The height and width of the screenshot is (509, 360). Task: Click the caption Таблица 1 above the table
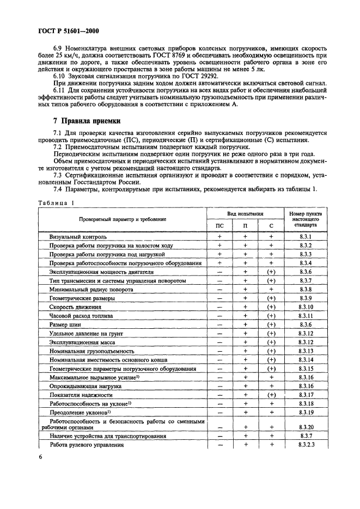[55, 203]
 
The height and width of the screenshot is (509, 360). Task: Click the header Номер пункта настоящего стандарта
[305, 219]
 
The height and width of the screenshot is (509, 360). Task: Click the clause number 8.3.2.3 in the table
[305, 445]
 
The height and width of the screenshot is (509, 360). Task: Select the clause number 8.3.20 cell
[305, 428]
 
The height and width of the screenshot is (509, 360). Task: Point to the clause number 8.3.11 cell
[305, 316]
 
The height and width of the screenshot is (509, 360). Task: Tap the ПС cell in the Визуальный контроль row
[219, 237]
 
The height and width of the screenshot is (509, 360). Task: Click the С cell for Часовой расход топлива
[271, 316]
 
